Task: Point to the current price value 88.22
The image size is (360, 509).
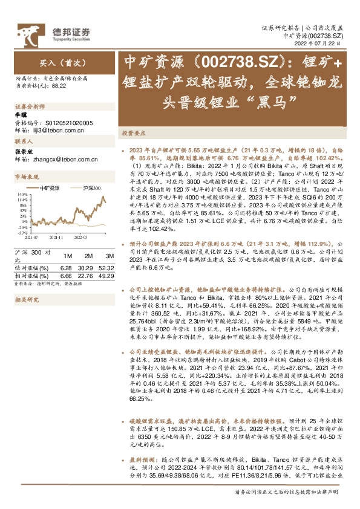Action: [59, 86]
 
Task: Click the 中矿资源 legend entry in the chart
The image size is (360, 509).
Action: [50, 188]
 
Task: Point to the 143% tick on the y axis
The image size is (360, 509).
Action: [22, 193]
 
